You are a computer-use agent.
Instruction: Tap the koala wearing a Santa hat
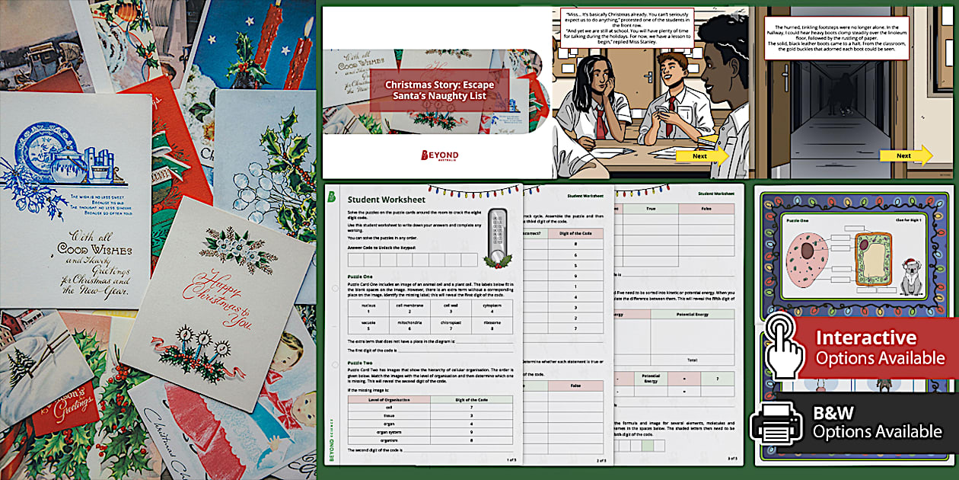pos(911,278)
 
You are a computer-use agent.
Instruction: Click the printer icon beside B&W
pos(776,423)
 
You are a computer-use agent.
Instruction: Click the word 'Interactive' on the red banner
pos(855,338)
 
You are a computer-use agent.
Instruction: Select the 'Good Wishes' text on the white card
pos(100,252)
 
